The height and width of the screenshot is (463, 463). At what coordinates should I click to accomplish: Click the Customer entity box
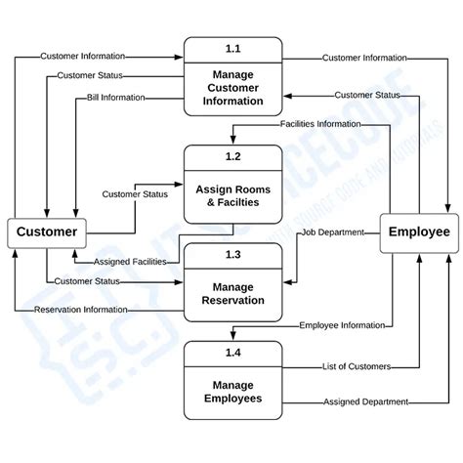pos(46,232)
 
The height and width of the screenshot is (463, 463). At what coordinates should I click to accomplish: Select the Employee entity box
pos(418,231)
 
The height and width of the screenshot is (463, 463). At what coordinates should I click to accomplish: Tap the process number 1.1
pos(232,49)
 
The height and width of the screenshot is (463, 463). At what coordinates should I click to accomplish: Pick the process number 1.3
pos(232,253)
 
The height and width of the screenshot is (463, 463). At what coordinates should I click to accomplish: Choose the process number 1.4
pos(232,349)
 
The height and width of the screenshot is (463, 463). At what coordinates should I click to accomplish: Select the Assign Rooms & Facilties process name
pos(232,195)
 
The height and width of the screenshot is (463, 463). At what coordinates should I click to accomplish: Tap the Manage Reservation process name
pos(232,292)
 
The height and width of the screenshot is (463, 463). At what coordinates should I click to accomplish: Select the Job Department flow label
pos(332,231)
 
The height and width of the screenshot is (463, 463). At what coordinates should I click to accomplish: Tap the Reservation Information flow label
pos(80,310)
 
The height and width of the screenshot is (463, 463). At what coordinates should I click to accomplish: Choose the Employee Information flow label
pos(341,324)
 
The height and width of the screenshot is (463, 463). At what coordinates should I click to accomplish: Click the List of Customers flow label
pos(357,366)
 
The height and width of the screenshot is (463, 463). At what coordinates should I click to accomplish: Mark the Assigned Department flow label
pos(358,401)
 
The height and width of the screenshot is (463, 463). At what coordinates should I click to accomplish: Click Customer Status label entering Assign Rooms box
pos(135,193)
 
